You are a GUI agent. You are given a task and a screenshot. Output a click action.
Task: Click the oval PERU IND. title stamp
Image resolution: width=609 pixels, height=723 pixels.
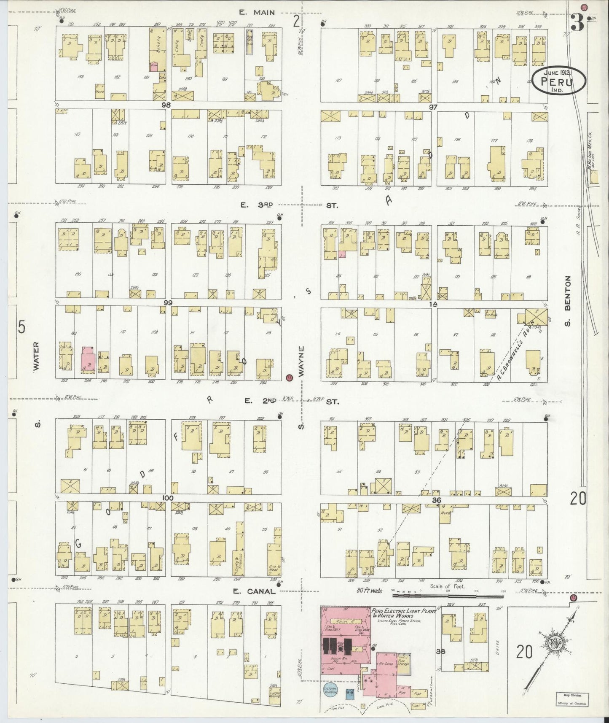[x=558, y=81]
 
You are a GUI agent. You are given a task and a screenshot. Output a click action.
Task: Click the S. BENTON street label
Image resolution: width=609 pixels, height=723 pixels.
[x=568, y=300]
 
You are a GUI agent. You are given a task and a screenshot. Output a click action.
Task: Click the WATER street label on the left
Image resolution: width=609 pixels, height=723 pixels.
[x=36, y=356]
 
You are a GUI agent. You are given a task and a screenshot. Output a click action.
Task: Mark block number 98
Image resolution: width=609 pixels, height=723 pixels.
[x=168, y=105]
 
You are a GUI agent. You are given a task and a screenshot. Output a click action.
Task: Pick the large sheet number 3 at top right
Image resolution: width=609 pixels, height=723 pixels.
[x=577, y=24]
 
